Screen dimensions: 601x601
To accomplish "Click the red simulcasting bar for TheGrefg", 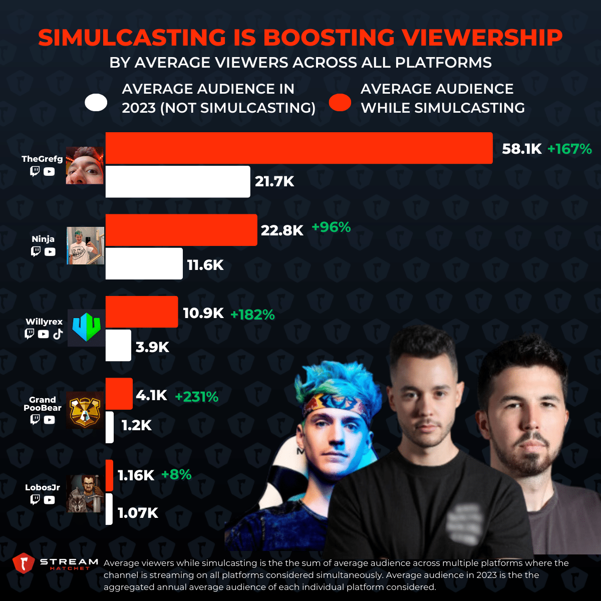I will [x=298, y=148].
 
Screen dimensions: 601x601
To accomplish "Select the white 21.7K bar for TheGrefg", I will [x=177, y=181].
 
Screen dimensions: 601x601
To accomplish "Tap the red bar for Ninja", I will [x=181, y=230].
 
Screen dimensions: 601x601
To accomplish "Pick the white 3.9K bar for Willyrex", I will [x=118, y=346].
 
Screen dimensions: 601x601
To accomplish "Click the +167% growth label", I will [x=569, y=149].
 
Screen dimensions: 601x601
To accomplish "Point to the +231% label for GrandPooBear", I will [x=196, y=397].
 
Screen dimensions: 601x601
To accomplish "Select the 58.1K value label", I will [x=521, y=149].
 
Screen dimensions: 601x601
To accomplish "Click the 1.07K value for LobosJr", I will [x=138, y=513].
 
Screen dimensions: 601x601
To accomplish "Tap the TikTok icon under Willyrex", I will [x=58, y=334].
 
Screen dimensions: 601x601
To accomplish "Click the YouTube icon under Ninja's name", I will [x=50, y=252].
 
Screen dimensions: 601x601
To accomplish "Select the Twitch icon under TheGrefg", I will [x=35, y=171].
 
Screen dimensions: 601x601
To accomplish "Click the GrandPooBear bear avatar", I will [x=85, y=410].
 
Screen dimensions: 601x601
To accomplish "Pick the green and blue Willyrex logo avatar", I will [x=86, y=328].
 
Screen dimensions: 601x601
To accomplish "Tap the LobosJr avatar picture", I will [x=85, y=493].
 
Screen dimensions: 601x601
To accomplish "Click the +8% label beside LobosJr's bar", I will [x=176, y=474].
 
